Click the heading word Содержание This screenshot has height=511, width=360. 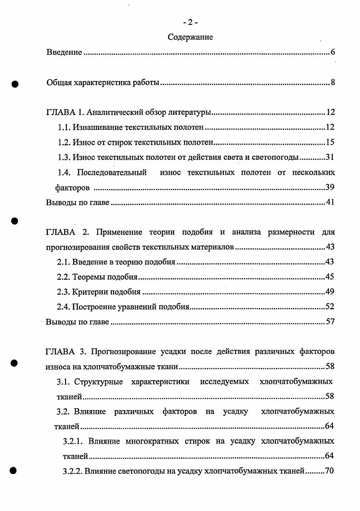190,38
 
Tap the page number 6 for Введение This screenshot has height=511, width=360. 332,53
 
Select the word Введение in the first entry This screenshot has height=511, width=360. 64,53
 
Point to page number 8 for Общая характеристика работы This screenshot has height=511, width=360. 332,83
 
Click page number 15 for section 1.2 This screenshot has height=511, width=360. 330,143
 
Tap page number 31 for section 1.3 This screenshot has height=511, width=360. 330,158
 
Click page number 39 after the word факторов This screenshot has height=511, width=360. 330,187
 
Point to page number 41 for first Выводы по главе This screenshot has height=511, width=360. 330,202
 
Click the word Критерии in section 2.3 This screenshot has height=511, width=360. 89,292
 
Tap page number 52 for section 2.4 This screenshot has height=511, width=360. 330,307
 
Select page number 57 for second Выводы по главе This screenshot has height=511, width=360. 330,322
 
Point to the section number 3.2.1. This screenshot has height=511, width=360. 72,441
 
